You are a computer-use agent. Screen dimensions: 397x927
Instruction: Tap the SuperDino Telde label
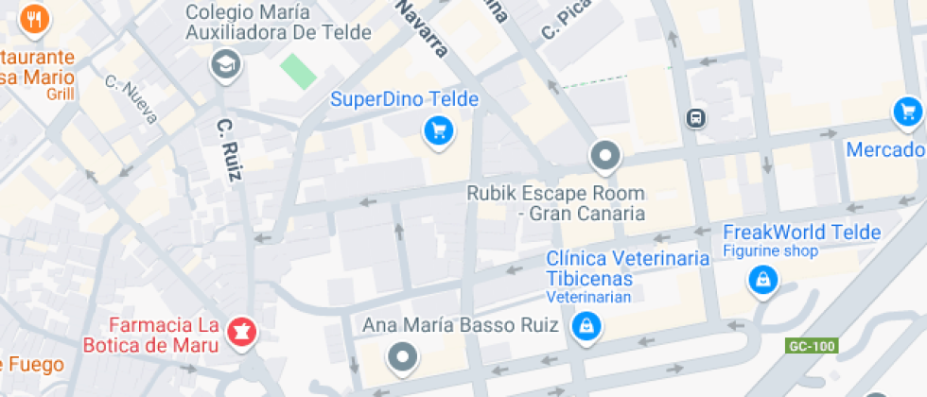[x=404, y=99]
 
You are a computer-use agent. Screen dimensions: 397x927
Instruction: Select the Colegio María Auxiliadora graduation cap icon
[x=226, y=64]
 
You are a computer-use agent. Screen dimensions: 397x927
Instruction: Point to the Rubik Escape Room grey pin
[x=604, y=155]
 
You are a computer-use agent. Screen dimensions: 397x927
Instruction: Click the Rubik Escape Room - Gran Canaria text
[x=556, y=203]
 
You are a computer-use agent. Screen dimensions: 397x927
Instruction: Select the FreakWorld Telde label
[x=801, y=233]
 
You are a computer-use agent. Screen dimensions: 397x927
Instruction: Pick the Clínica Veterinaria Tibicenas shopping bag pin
[x=586, y=326]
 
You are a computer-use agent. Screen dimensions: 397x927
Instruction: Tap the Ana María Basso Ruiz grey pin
[x=404, y=357]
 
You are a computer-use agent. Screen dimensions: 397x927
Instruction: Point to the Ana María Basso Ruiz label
[x=467, y=326]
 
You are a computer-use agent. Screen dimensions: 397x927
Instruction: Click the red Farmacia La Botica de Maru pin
[x=240, y=331]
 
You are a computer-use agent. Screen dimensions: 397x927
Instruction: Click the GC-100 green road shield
[x=812, y=346]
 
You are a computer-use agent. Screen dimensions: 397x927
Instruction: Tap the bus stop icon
[x=695, y=117]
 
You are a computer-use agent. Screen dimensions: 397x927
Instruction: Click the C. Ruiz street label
[x=230, y=148]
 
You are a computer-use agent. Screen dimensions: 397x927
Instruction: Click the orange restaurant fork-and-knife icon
[x=35, y=18]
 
